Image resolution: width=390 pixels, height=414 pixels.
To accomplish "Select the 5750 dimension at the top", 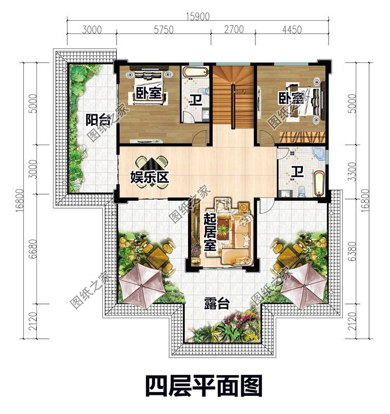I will (x=163, y=30).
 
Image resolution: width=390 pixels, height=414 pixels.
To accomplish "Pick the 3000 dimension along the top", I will (x=92, y=30).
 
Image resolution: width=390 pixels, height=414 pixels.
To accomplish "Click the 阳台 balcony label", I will (x=98, y=121).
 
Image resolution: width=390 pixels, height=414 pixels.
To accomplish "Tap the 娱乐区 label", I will (x=150, y=177).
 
